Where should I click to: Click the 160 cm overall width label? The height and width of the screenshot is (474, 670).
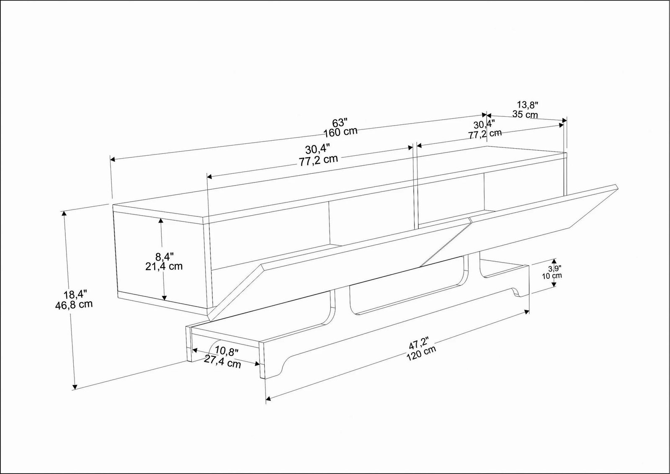[341, 132]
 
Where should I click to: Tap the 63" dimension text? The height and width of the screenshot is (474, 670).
[340, 123]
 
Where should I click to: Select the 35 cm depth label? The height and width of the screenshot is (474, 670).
[525, 114]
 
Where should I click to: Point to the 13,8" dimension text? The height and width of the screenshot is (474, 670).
[528, 105]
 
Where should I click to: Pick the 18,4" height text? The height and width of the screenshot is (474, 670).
[75, 294]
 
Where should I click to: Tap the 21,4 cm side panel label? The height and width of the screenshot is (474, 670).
[164, 266]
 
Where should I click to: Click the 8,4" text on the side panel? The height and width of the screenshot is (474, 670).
[165, 256]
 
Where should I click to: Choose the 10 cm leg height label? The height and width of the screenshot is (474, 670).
[552, 276]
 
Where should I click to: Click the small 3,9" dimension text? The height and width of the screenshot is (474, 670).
[554, 268]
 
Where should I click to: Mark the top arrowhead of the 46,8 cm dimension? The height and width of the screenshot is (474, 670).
[63, 213]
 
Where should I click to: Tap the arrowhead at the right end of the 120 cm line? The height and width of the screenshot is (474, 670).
[526, 312]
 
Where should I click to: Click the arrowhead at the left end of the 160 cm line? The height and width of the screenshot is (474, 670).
[113, 160]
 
